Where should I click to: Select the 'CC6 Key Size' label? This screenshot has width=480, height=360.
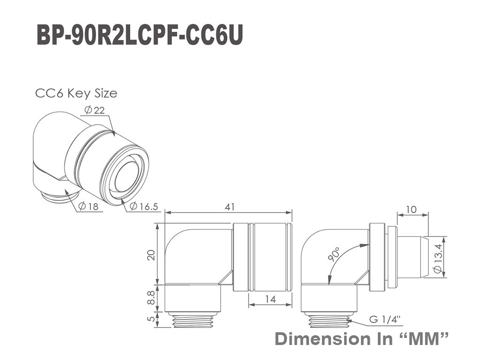click(x=76, y=93)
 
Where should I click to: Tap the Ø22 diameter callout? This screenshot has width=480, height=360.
click(x=95, y=110)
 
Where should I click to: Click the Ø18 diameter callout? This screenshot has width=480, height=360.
click(x=89, y=206)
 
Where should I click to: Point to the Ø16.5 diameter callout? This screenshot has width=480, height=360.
click(x=143, y=206)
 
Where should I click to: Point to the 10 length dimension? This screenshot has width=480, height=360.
click(x=412, y=210)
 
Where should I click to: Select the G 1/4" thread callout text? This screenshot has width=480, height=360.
click(x=385, y=320)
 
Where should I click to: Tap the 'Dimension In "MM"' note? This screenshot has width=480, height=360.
click(x=361, y=339)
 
